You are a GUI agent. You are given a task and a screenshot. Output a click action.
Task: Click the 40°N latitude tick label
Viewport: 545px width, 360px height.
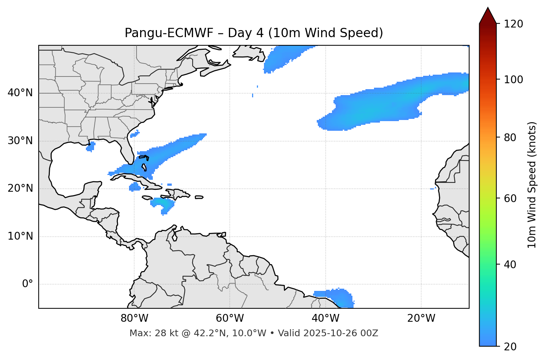click(20, 93)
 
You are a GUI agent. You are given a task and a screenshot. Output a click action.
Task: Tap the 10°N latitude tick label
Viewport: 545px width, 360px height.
click(20, 236)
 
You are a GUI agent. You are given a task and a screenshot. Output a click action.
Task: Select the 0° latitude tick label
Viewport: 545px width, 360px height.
click(28, 284)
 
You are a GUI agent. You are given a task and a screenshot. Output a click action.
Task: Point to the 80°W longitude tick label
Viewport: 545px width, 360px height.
click(134, 318)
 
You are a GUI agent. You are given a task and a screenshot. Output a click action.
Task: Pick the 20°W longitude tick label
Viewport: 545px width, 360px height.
click(421, 318)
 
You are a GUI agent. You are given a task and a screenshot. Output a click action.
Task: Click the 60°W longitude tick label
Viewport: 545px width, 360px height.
click(230, 318)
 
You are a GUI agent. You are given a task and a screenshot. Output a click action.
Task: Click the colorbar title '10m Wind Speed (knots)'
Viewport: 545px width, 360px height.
click(532, 185)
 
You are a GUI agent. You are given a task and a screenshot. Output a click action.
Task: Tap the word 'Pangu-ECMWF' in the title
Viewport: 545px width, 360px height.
click(169, 33)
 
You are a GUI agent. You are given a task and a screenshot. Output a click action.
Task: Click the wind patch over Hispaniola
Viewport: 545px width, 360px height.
click(164, 204)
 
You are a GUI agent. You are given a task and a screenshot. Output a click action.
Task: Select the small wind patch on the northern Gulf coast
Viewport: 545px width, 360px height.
click(90, 147)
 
